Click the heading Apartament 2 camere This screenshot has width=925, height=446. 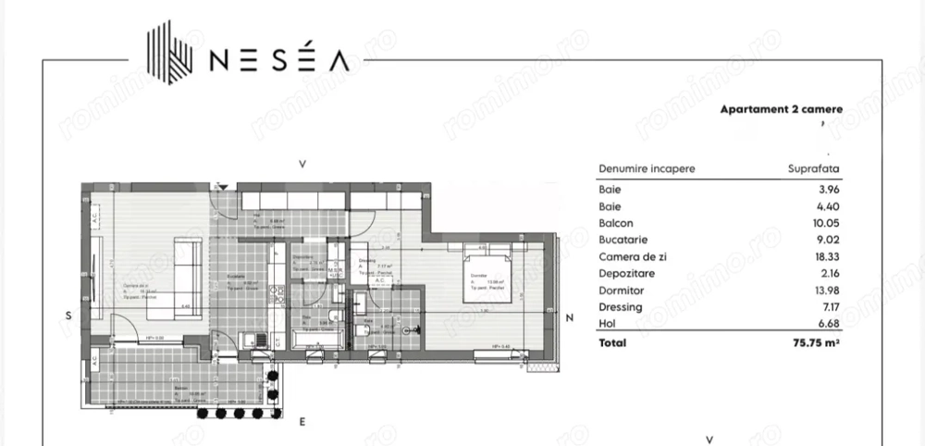pyautogui.click(x=781, y=108)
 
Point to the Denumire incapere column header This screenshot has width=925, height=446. pyautogui.click(x=647, y=169)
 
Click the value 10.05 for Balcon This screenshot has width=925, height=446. pyautogui.click(x=825, y=223)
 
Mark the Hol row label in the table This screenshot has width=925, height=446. pyautogui.click(x=607, y=325)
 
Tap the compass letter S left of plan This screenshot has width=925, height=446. pyautogui.click(x=68, y=316)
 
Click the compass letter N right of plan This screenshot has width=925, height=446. pyautogui.click(x=571, y=319)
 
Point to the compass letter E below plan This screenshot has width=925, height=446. pyautogui.click(x=302, y=421)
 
